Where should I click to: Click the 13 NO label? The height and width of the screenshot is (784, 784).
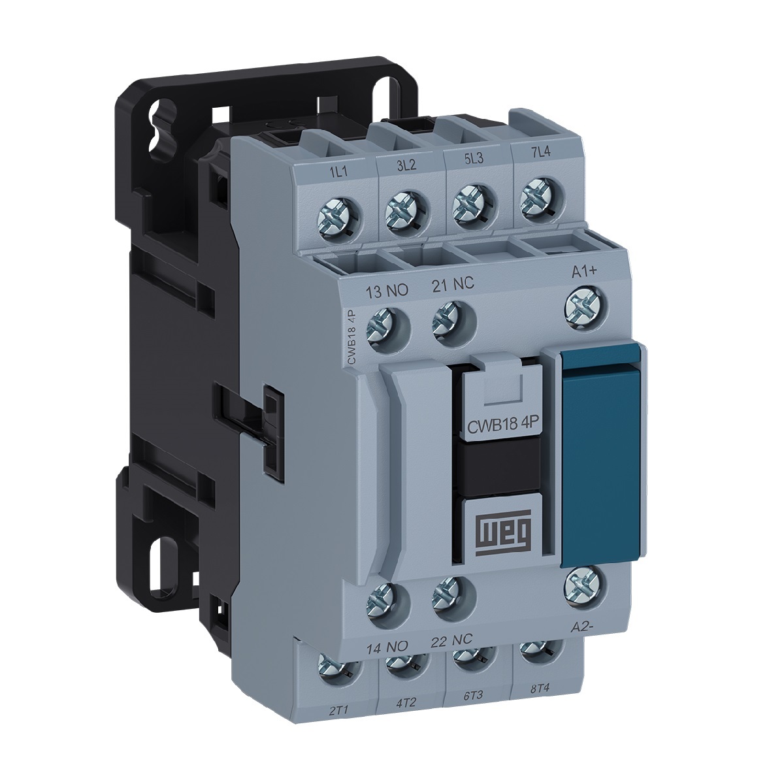click(387, 291)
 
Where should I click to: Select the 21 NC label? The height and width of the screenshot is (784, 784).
click(452, 285)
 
